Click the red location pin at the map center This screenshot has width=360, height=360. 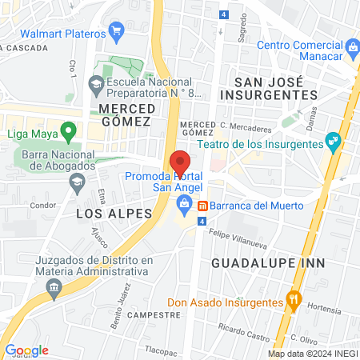[180, 161]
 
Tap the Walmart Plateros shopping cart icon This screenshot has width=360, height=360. [117, 34]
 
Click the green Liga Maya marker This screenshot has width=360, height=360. [69, 130]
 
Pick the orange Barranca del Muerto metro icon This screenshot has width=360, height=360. [203, 204]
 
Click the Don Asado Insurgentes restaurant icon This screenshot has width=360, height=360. [294, 302]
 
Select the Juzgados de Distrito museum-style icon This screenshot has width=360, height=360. [54, 287]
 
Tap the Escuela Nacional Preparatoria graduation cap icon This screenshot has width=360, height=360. [96, 82]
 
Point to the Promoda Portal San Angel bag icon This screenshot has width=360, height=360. [185, 204]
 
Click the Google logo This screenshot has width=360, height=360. [26, 350]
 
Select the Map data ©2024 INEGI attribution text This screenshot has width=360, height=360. [312, 354]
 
